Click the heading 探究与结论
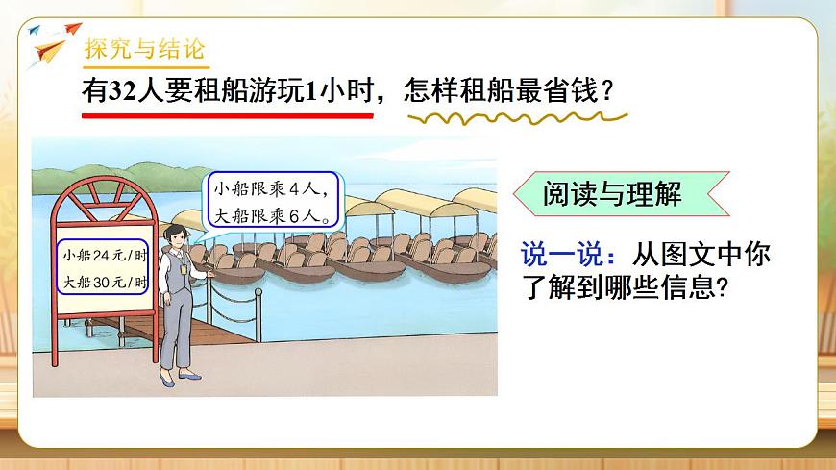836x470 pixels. pos(144,50)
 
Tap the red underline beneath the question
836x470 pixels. pos(227,115)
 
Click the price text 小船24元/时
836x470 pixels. pos(104,257)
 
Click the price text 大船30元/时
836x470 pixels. pos(104,283)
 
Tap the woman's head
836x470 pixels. pos(177,235)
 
